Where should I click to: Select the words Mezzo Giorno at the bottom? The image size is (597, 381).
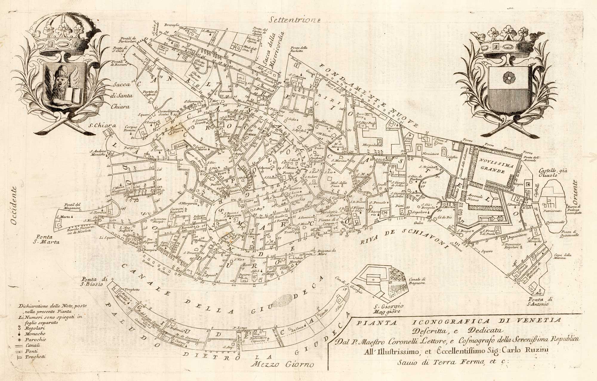point(283,365)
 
